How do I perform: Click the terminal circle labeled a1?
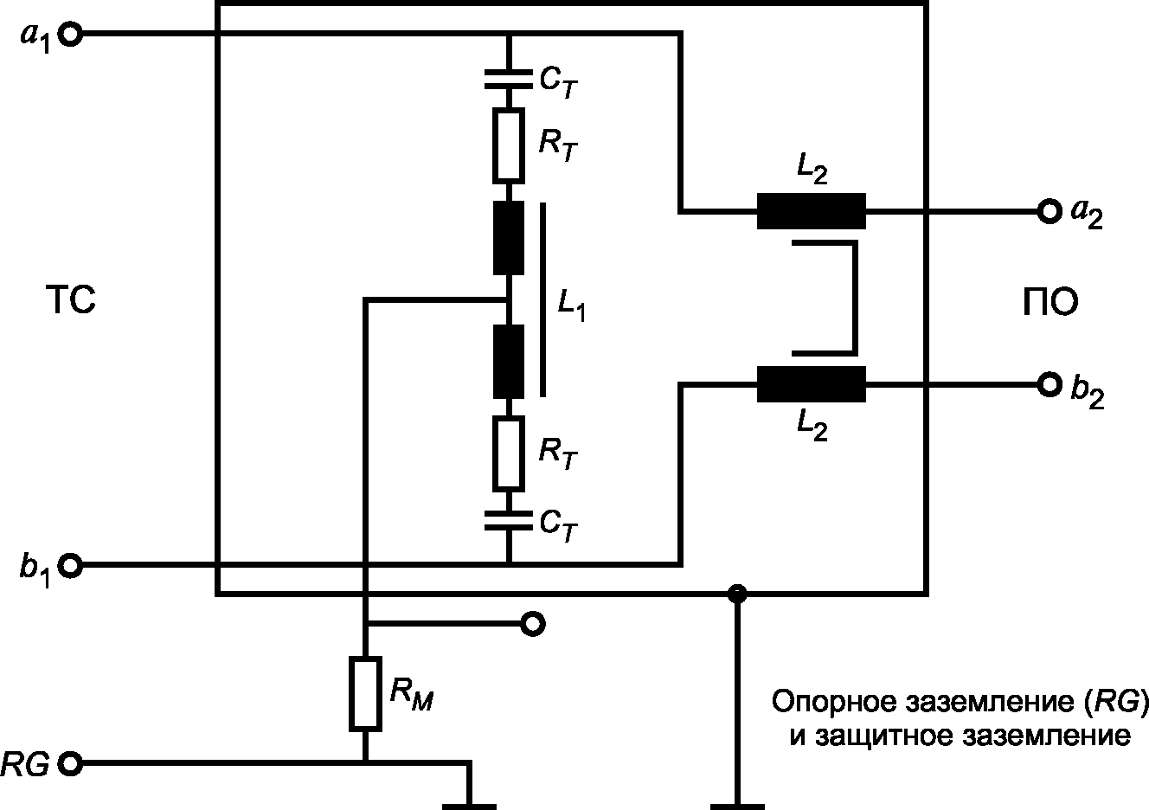coord(70,35)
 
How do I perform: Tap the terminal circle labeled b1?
coord(70,565)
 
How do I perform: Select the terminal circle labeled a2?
coord(1050,211)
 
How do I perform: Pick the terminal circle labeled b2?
coord(1050,384)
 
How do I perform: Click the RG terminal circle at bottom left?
coord(70,763)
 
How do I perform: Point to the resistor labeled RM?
coord(365,693)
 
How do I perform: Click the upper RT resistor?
coord(509,145)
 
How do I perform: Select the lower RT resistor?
coord(509,453)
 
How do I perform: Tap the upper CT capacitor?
coord(509,79)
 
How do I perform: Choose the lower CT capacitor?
coord(509,520)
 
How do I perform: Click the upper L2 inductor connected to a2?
coord(812,211)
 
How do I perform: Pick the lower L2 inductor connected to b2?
coord(812,383)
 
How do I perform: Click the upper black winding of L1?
coord(509,238)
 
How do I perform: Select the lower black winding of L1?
coord(509,362)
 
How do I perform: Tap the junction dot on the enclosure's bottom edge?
coord(737,594)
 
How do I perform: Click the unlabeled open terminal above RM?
coord(533,624)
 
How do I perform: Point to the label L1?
coord(571,305)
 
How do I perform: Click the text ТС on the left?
coord(71,300)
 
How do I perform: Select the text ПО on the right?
coord(1050,302)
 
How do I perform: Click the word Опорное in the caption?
coord(835,701)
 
